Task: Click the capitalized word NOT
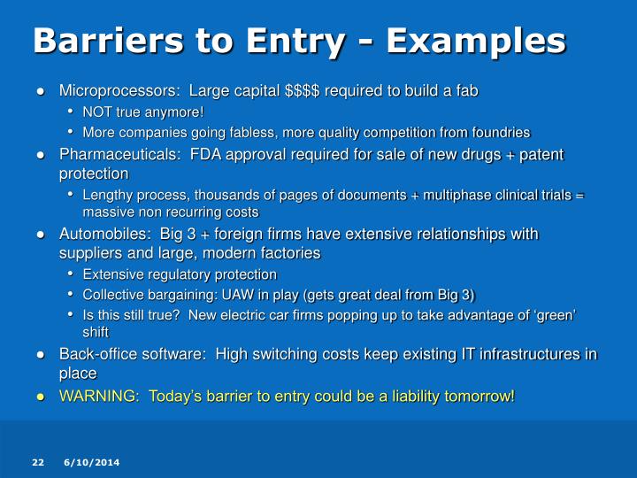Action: (97, 112)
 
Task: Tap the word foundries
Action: (498, 133)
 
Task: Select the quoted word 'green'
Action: (554, 315)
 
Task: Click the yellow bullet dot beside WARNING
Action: (41, 396)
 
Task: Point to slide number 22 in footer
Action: (38, 463)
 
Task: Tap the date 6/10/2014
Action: (92, 463)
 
